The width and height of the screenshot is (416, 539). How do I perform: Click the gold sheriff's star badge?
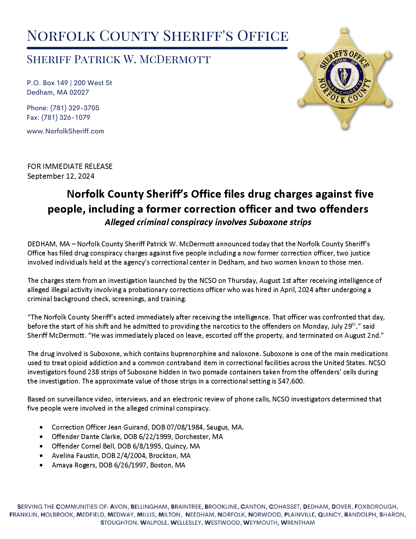[345, 78]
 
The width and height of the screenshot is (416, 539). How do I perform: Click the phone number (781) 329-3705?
[75, 108]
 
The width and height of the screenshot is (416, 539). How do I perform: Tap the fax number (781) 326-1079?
[66, 118]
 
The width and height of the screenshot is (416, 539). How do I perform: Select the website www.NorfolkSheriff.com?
[65, 131]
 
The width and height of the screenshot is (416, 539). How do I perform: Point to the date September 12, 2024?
[61, 176]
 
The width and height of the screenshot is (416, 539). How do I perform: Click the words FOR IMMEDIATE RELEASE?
[70, 167]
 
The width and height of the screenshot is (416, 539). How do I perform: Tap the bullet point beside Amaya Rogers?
[41, 465]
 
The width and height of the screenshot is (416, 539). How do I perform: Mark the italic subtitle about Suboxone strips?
[208, 222]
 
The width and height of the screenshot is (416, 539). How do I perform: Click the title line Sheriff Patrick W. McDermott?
[118, 59]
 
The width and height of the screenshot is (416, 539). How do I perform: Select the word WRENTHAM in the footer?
[298, 523]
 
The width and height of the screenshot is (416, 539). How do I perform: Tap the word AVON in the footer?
[118, 507]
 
